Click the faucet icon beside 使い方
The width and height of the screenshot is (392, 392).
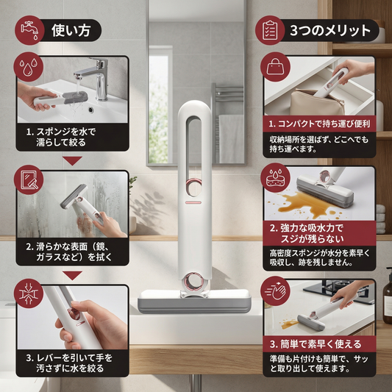(x=29, y=30)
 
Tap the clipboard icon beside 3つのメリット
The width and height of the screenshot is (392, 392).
(x=270, y=30)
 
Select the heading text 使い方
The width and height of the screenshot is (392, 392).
(x=71, y=30)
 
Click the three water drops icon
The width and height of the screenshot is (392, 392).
(x=28, y=67)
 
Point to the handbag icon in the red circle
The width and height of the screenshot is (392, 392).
(x=275, y=67)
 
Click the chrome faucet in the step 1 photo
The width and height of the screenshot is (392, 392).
(x=96, y=77)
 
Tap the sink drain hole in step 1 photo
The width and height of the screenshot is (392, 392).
(x=90, y=109)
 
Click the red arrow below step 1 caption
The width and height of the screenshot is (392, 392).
(x=72, y=160)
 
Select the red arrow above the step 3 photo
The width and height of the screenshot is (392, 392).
(x=72, y=276)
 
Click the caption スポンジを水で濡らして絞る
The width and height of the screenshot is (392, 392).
(x=61, y=137)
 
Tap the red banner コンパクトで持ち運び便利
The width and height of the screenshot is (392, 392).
(x=319, y=124)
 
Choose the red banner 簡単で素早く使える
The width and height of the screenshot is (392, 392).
(x=319, y=344)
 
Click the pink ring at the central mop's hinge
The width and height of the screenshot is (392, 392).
(x=193, y=282)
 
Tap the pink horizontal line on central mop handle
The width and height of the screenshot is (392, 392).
(x=193, y=202)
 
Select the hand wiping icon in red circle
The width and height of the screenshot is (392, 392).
(x=275, y=291)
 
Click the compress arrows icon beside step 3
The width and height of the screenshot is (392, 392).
(x=29, y=293)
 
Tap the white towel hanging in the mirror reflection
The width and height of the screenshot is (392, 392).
(x=231, y=139)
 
